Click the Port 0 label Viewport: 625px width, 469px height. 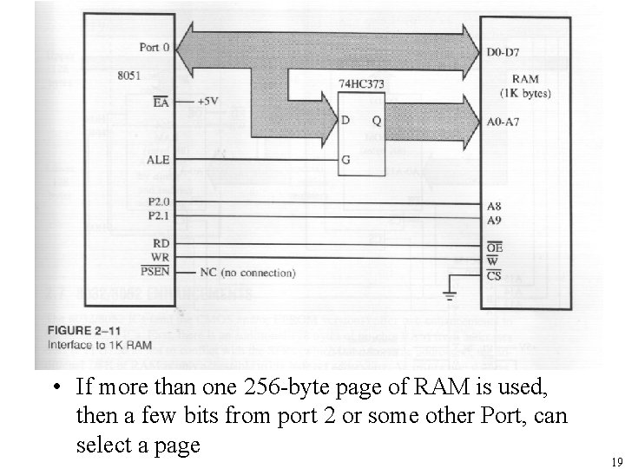click(155, 46)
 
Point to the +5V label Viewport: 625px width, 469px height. click(207, 101)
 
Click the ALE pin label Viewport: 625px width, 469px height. click(158, 160)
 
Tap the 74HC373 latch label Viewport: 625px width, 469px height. click(362, 84)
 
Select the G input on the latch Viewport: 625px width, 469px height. click(345, 161)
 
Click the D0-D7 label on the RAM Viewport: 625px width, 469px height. click(503, 54)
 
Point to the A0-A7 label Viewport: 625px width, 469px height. click(504, 122)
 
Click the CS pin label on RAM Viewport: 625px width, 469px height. click(495, 276)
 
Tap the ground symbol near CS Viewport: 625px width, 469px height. click(449, 294)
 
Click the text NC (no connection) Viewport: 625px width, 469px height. click(248, 273)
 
